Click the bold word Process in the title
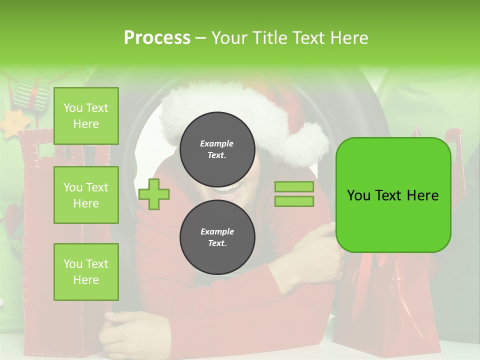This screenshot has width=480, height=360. pos(157,38)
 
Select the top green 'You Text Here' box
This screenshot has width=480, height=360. pos(86,116)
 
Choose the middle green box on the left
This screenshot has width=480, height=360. pos(86,195)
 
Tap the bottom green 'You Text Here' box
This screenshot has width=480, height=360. pos(86,272)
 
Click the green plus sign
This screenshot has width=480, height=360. pos(154,194)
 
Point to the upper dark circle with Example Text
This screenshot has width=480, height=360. pos(217,149)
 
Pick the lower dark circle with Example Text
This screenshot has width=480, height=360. pos(217,237)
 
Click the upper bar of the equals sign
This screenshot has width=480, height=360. pos(294,186)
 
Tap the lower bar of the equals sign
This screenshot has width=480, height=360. pos(294,201)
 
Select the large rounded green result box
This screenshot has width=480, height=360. pos(393,195)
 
